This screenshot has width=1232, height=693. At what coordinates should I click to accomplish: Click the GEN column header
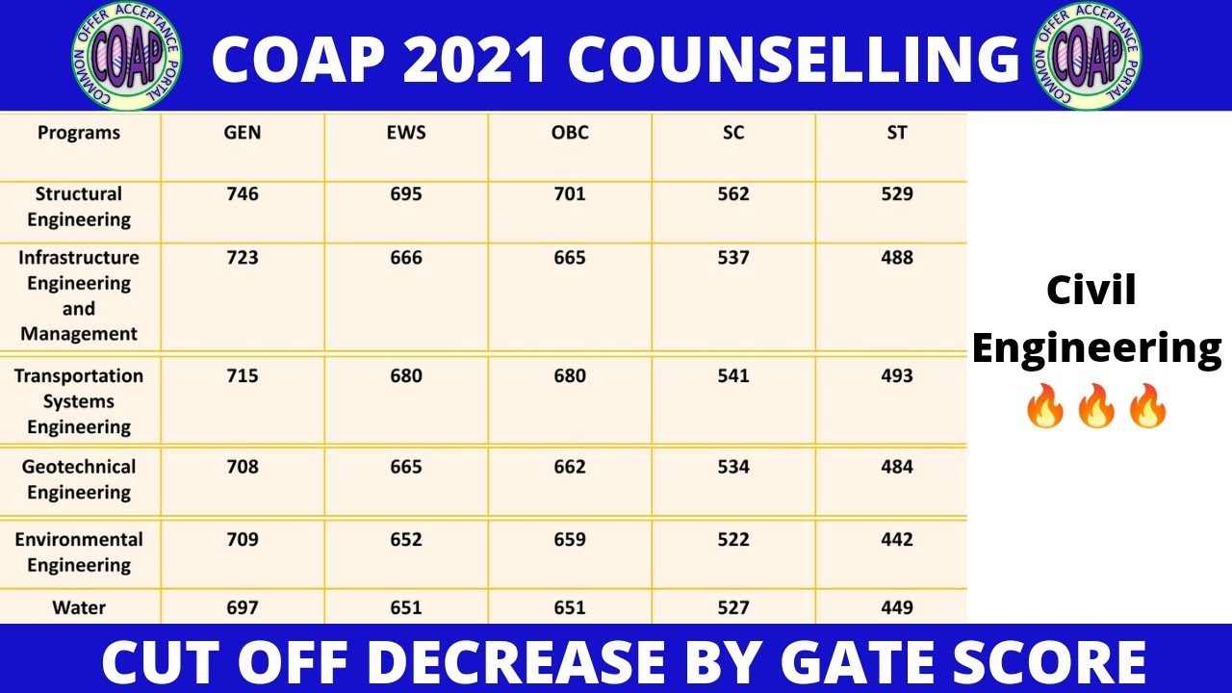(243, 133)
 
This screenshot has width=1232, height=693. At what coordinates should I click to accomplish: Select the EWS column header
(406, 133)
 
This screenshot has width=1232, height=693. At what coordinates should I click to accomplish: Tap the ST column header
(897, 133)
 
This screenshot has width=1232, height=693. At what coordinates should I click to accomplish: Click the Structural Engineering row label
(79, 207)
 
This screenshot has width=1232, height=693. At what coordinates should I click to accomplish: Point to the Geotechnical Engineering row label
(79, 479)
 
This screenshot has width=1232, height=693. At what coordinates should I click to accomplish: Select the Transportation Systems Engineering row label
(79, 401)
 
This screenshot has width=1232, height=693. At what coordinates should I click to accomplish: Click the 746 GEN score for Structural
(243, 194)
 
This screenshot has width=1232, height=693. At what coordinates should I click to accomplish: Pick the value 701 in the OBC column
(570, 194)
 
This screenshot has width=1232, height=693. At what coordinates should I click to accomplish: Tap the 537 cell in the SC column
(733, 258)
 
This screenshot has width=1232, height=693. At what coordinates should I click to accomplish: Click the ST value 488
(897, 258)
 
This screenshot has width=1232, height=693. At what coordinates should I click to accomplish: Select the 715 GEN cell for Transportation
(243, 376)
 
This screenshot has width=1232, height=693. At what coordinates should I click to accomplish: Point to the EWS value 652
(406, 540)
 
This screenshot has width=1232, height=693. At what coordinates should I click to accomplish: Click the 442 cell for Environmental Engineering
(897, 540)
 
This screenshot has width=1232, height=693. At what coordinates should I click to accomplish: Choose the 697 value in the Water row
(243, 608)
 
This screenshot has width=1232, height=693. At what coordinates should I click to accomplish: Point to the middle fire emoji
(1096, 405)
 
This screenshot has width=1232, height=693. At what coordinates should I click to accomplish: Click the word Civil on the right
(1091, 291)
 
